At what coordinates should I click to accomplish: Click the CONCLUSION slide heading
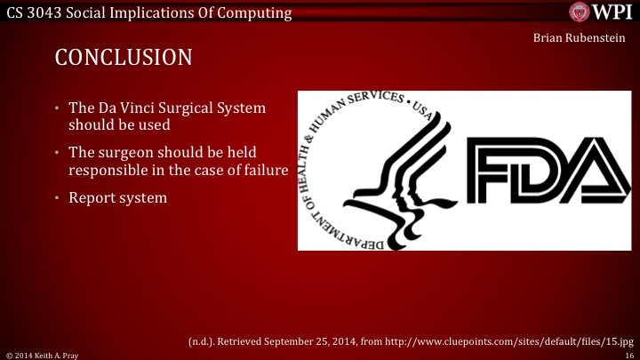124,58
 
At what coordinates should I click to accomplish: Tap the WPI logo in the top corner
602,12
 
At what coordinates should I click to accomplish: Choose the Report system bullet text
117,197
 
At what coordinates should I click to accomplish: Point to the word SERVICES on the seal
373,102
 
